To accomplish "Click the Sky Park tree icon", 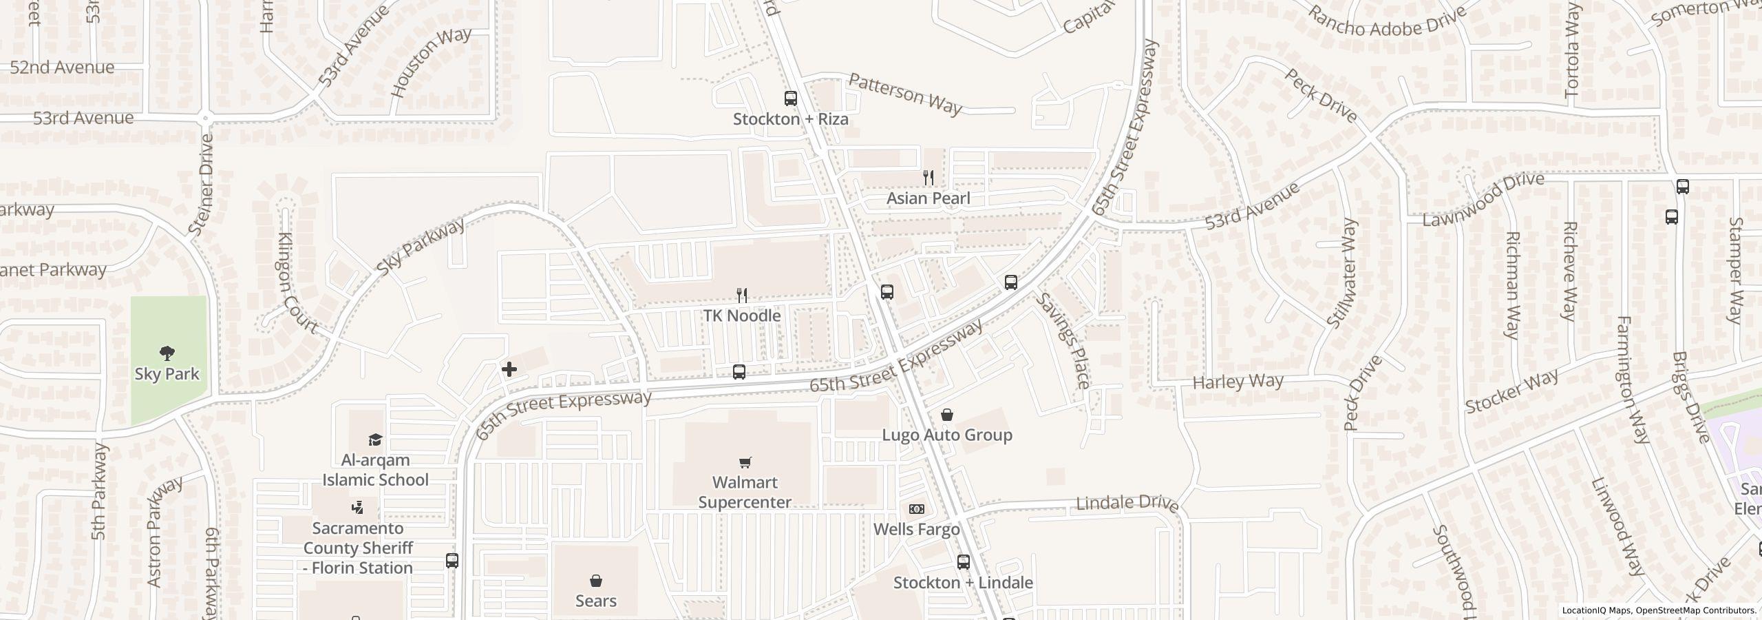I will (x=167, y=354).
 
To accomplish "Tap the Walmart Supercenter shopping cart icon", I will (x=745, y=462).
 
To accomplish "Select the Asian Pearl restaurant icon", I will (x=928, y=178).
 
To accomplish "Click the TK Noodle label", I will (x=741, y=316).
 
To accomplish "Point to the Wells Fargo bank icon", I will (x=916, y=509).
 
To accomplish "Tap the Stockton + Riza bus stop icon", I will (x=791, y=99).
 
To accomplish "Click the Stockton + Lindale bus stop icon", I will (x=963, y=562).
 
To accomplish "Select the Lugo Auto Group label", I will (x=947, y=435).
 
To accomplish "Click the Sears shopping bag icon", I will (x=596, y=581).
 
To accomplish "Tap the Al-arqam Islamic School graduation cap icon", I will (x=375, y=440).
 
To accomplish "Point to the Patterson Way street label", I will (x=904, y=94).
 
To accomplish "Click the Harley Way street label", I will (x=1238, y=382).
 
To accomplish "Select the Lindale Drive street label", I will (x=1127, y=504).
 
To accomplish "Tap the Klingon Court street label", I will (x=296, y=283).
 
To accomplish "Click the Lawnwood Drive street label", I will (x=1483, y=200).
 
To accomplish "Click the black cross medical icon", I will (x=509, y=369).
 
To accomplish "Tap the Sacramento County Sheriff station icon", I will (x=357, y=508).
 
